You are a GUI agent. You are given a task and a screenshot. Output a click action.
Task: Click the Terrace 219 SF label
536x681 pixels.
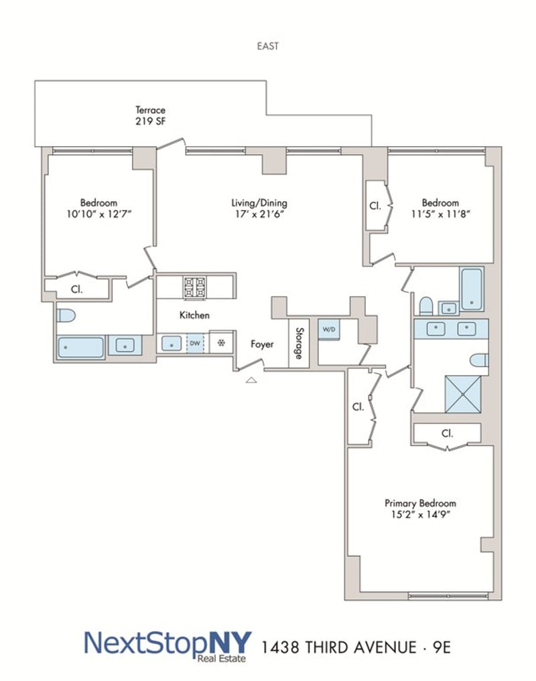point(150,116)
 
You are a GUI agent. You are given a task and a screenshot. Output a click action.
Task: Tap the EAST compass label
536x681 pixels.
point(268,46)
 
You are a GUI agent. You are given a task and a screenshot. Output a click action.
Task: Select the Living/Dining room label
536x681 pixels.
point(259,208)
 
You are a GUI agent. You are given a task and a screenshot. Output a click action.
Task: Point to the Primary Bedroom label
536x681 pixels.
point(420,509)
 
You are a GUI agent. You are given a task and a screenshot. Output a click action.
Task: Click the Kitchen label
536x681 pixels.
point(194,315)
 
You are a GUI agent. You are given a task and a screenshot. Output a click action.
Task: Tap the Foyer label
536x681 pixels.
point(262,344)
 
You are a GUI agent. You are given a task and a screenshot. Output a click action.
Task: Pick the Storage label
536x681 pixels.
point(299,343)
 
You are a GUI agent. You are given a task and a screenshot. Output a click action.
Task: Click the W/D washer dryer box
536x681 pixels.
point(329,329)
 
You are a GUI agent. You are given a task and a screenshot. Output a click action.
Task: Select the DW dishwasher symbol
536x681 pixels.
point(195,344)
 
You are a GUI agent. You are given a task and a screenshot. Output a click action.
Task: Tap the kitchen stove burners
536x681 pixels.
point(195,288)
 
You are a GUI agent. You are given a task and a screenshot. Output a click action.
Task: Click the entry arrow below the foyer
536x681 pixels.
point(251,380)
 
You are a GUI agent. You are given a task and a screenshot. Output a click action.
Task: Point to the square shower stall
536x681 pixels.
point(463,394)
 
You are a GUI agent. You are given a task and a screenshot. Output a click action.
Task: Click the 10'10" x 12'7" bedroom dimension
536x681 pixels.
point(99,214)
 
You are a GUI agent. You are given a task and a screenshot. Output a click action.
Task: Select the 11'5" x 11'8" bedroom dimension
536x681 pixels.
point(441,214)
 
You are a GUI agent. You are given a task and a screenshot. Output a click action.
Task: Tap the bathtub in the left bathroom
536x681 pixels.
point(81,348)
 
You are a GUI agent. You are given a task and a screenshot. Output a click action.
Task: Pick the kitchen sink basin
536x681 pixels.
point(172,344)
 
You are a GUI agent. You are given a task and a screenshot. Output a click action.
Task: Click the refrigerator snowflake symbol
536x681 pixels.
point(221,344)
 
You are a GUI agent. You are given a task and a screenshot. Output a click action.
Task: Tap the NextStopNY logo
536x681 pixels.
point(167,646)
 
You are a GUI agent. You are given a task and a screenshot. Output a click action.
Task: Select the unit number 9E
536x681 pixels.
point(442,648)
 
